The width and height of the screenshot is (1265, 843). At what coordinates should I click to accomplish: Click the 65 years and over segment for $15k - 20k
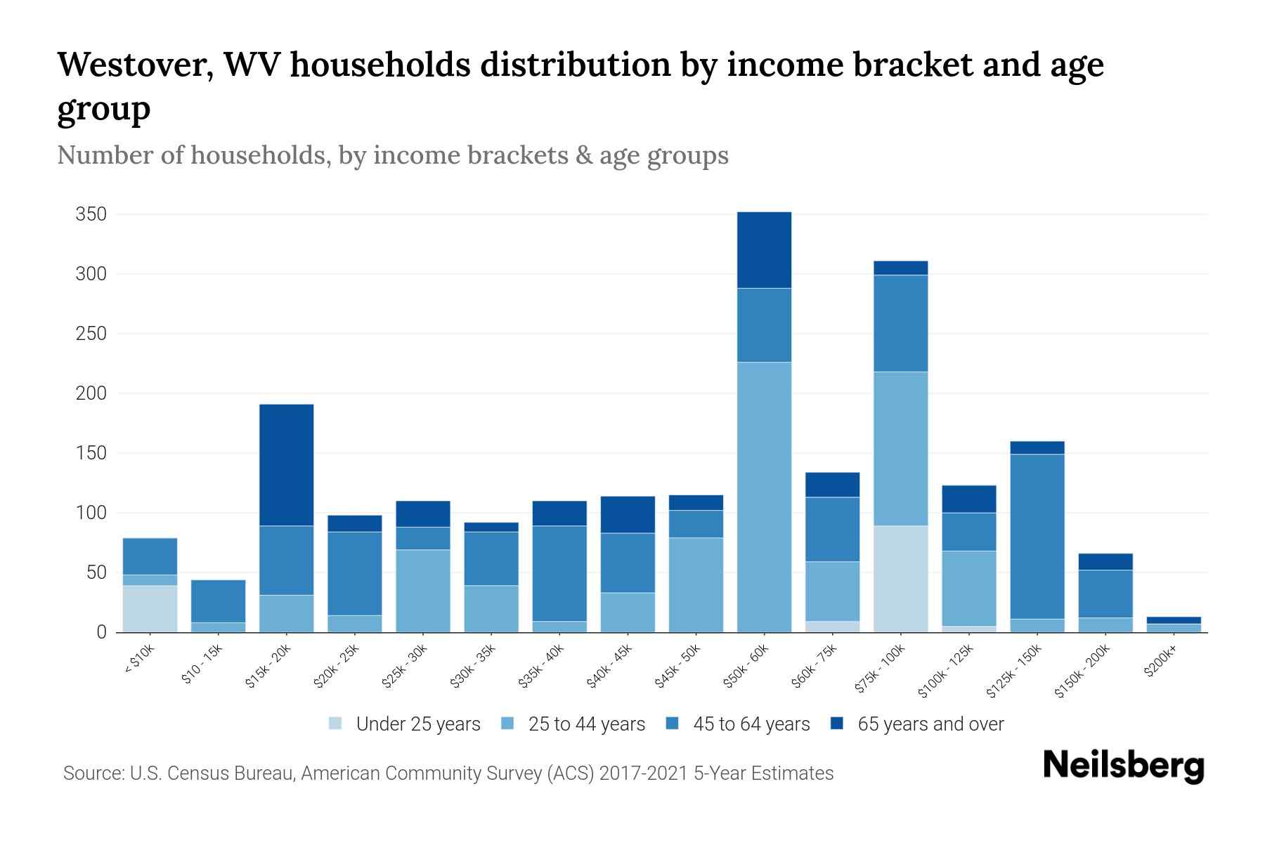[286, 465]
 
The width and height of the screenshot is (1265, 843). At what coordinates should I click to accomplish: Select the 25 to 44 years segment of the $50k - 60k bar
[764, 497]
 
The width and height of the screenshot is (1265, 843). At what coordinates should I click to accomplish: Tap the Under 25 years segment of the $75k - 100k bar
[900, 579]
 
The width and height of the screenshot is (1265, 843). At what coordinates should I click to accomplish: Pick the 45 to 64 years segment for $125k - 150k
[1037, 537]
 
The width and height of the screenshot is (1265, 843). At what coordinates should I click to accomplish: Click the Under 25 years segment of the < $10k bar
[150, 608]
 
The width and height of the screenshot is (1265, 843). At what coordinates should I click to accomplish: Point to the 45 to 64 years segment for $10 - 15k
[218, 601]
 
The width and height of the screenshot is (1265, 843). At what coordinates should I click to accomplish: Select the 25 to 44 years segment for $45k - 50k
[696, 584]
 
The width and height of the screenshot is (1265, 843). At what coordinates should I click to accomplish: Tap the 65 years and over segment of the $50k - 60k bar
[764, 250]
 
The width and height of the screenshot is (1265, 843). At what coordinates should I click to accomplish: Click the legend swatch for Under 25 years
[336, 724]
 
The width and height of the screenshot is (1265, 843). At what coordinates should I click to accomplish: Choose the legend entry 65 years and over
[930, 724]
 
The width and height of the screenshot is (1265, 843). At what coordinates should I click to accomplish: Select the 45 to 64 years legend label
[751, 724]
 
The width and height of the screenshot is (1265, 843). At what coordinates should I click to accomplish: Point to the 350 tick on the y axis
[91, 214]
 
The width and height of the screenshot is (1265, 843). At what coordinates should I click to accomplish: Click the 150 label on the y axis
[91, 454]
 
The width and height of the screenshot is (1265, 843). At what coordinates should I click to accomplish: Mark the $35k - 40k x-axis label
[542, 667]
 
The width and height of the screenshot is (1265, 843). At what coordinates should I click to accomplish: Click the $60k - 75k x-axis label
[815, 667]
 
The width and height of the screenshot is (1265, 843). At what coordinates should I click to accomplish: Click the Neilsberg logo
[1123, 766]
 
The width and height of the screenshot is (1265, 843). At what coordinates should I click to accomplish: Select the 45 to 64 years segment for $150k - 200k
[1105, 594]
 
